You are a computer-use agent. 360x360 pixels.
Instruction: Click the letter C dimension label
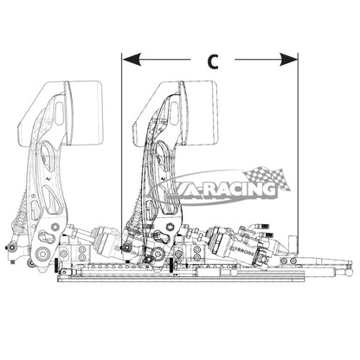point(213,61)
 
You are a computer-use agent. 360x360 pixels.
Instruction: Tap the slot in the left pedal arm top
point(59,112)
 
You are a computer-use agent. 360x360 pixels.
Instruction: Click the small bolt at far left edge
point(10,248)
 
